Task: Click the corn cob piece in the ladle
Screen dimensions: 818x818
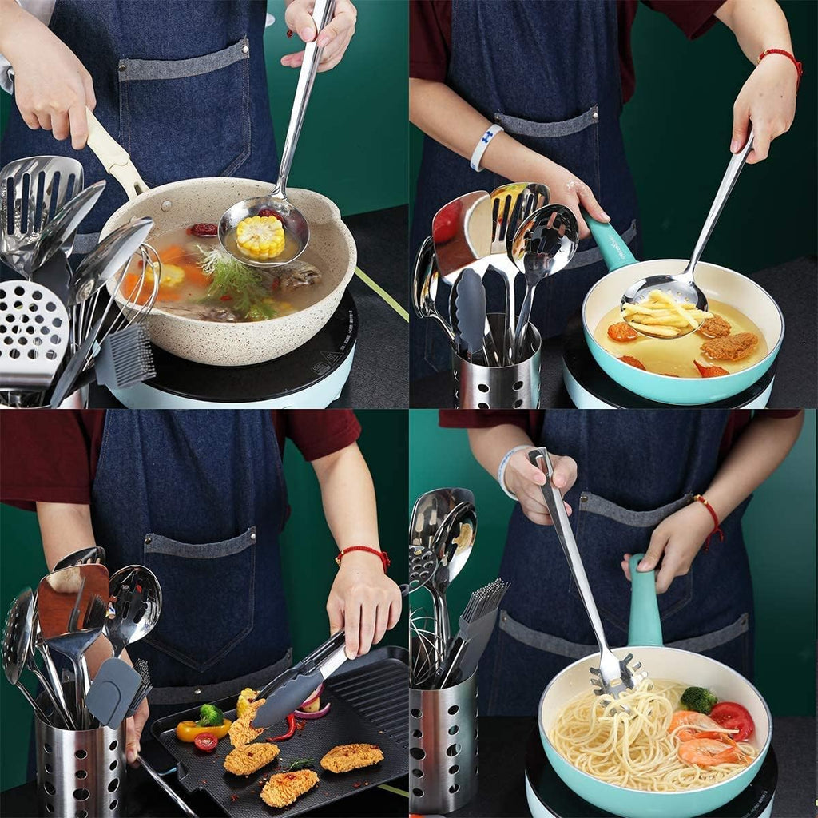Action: click(260, 236)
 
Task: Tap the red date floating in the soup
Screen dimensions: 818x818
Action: click(204, 230)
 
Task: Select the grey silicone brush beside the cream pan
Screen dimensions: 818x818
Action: click(126, 356)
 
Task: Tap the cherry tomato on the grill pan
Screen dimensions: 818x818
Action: click(205, 742)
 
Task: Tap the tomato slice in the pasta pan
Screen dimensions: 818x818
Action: click(733, 719)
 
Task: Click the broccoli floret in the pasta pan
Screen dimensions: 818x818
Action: click(698, 700)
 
